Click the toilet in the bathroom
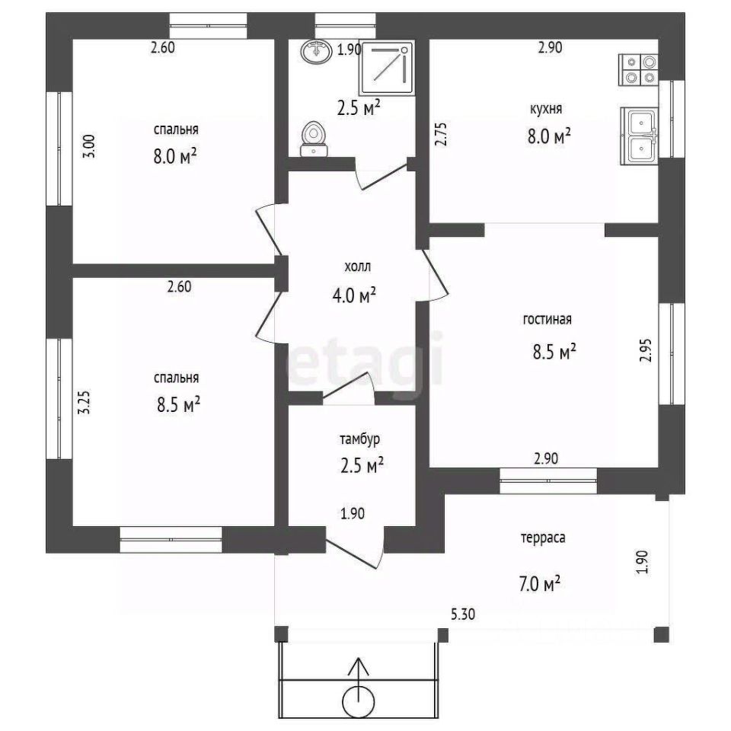pos(314,139)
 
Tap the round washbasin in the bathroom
pos(317,51)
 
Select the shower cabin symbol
pos(387,68)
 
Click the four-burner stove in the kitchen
pos(638,70)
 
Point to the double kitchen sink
pos(639,136)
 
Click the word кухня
pos(546,109)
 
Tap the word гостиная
pos(547,319)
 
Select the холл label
pos(358,267)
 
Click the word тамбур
pos(359,439)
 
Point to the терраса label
pos(543,538)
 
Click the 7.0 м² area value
pos(539,583)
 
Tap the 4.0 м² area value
pos(354,295)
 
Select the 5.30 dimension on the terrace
pos(463,614)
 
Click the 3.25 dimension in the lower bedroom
pos(85,402)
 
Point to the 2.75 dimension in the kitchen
pos(441,134)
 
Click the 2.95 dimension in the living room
pos(646,350)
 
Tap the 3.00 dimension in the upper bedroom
pos(90,146)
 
